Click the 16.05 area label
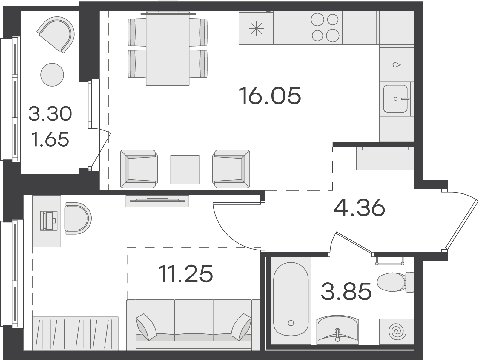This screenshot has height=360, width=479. (270, 96)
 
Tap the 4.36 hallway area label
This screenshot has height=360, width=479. (359, 207)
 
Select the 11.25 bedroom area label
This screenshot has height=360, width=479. (186, 273)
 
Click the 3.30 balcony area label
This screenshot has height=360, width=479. (50, 114)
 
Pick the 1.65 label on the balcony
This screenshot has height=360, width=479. (50, 139)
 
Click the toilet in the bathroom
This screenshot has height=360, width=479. (395, 282)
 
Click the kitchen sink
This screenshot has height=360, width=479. (395, 99)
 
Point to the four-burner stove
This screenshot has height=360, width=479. (325, 27)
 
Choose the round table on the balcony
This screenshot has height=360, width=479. (52, 75)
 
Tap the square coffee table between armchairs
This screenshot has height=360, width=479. (185, 170)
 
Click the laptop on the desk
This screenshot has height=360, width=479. (49, 221)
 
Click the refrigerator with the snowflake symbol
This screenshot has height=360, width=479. (256, 28)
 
